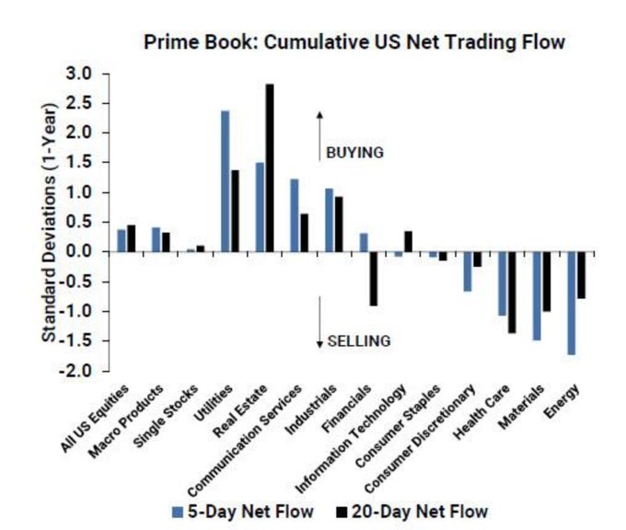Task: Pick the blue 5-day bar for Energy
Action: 572,303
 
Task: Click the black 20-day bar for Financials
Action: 374,278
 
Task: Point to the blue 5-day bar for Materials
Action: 537,295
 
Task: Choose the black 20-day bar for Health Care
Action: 512,292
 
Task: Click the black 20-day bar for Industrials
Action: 339,224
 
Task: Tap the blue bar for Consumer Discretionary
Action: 468,271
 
